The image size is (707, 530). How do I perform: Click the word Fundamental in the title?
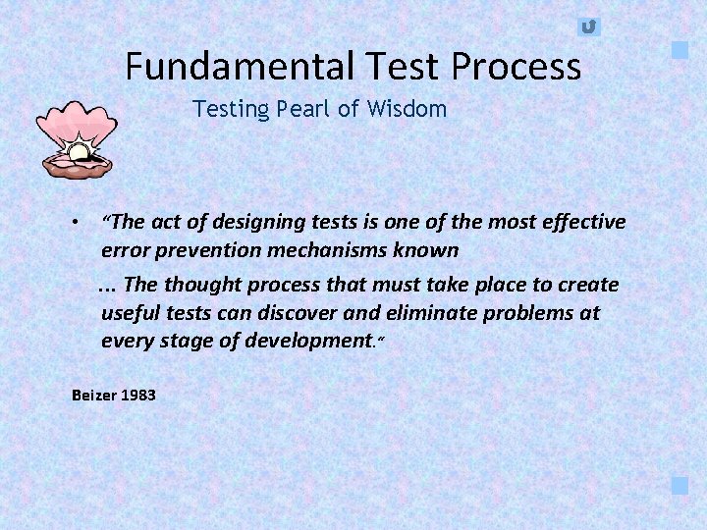(x=241, y=67)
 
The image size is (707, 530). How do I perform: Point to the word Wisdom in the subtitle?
(x=407, y=109)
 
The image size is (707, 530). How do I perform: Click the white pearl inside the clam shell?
(x=78, y=153)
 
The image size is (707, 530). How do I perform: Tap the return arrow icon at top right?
(x=588, y=26)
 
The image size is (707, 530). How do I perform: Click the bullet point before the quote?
(x=76, y=224)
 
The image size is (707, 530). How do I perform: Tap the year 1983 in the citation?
(x=138, y=396)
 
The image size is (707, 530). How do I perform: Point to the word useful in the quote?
(x=130, y=313)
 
